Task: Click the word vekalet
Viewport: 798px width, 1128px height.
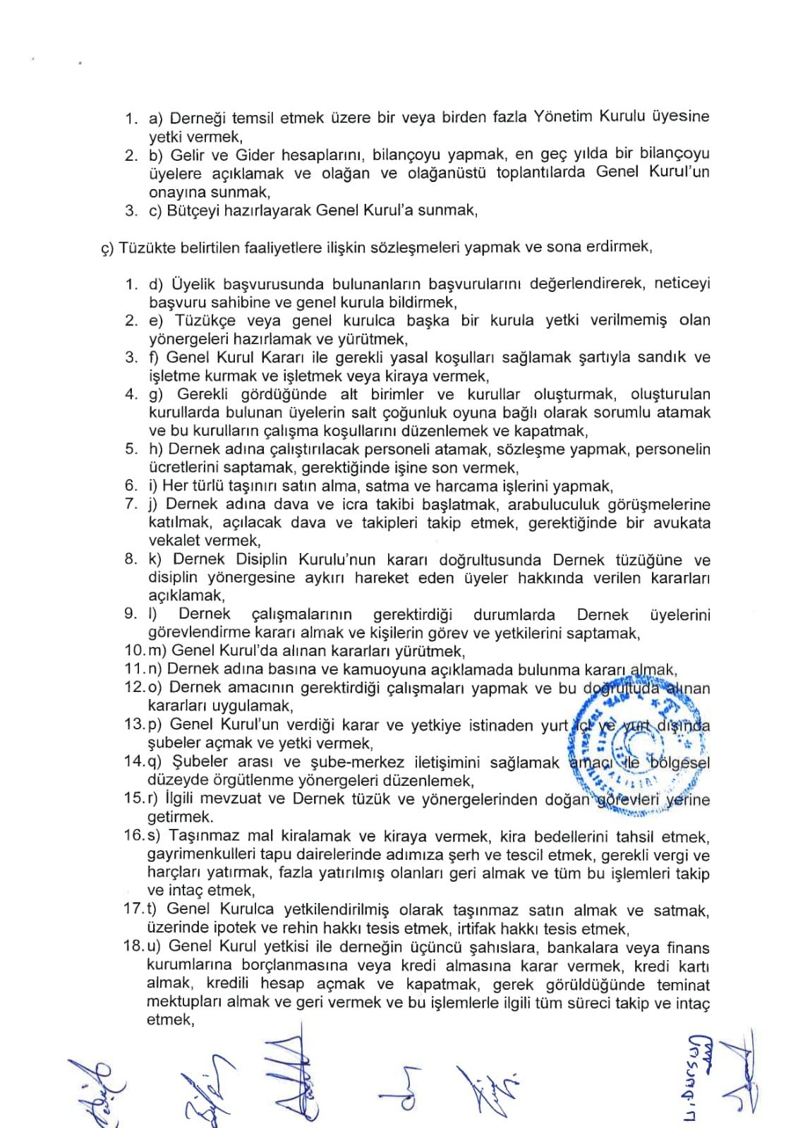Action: point(174,541)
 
